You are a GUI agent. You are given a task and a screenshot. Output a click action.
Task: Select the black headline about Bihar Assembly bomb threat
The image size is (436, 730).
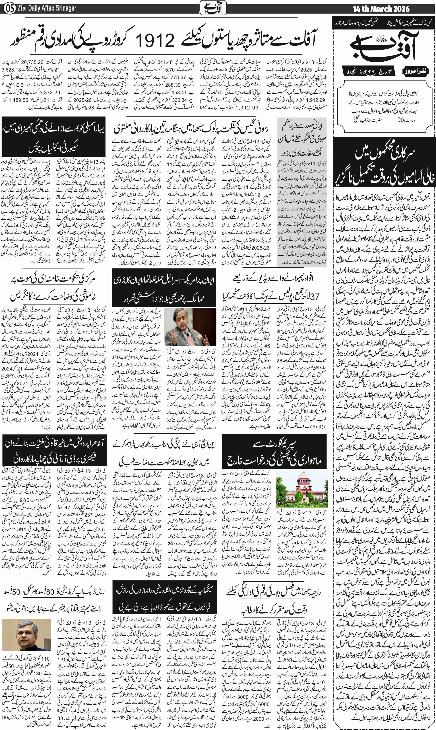pos(54,137)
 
